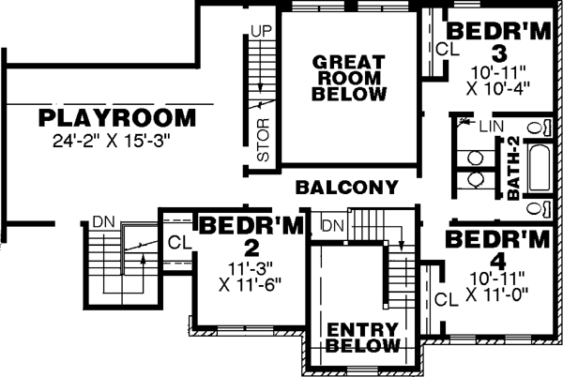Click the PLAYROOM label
point(118,119)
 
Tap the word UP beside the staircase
point(260,31)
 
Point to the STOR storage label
point(263,140)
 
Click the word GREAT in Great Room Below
point(349,61)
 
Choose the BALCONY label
point(346,188)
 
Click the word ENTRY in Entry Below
point(361,330)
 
